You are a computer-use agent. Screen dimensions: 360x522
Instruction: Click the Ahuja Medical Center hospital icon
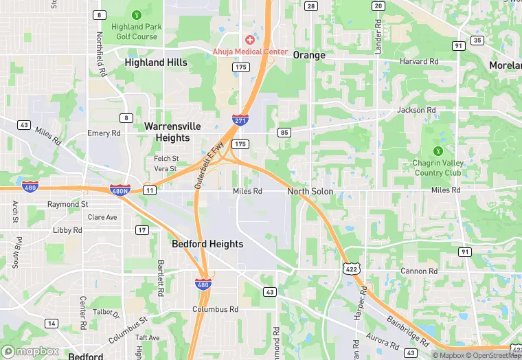click(x=249, y=40)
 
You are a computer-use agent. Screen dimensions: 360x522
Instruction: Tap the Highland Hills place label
click(x=156, y=62)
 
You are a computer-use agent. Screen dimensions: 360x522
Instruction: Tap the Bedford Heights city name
click(x=207, y=244)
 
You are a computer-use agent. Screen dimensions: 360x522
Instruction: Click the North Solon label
click(x=310, y=191)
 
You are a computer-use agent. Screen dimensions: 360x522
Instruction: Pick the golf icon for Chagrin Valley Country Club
click(x=438, y=151)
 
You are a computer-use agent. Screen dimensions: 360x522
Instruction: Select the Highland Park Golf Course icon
click(x=137, y=14)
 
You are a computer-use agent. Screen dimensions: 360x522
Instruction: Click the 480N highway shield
click(x=120, y=189)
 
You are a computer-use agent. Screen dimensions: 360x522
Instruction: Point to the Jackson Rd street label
click(x=416, y=110)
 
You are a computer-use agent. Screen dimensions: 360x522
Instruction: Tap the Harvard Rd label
click(x=419, y=61)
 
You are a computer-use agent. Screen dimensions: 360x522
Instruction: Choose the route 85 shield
click(x=285, y=132)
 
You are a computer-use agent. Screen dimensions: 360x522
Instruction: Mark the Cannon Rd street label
click(x=419, y=271)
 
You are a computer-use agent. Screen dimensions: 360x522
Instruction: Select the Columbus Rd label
click(x=215, y=309)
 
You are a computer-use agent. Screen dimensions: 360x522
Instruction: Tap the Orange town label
click(x=309, y=55)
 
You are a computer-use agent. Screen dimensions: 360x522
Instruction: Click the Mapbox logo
click(x=31, y=351)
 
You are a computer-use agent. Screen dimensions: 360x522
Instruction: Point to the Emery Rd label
click(x=104, y=133)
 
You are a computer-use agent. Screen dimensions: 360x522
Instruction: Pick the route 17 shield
click(x=142, y=229)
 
